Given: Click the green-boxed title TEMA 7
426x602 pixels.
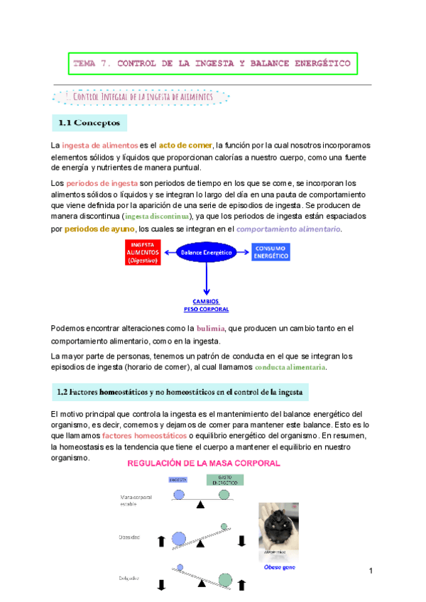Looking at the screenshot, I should tap(212, 64).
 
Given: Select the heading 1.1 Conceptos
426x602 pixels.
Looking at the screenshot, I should tap(89, 123).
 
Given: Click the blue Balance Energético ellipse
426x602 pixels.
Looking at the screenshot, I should tap(207, 252).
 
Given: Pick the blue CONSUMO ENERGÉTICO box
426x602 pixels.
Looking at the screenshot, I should tap(270, 252).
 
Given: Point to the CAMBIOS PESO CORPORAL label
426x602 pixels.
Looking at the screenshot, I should tap(206, 305).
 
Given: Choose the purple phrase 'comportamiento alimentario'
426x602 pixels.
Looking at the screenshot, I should tap(288, 229).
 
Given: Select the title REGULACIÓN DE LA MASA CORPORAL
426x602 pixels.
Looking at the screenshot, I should tap(203, 463).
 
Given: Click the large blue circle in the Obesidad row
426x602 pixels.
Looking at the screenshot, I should tap(180, 540).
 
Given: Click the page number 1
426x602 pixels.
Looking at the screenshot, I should tap(371, 571).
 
